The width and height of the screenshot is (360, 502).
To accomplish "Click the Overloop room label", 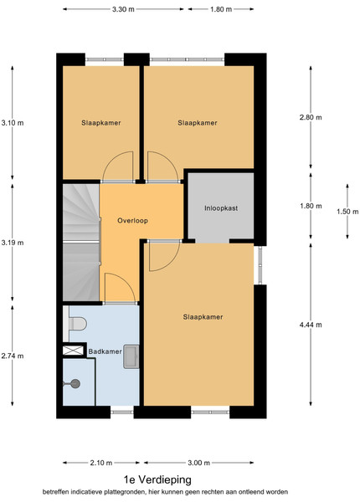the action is click(x=132, y=221).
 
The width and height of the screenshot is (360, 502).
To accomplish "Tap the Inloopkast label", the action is click(x=221, y=208).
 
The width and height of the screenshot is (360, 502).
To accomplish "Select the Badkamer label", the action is click(x=105, y=351).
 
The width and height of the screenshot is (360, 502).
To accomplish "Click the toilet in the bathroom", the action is click(x=78, y=324).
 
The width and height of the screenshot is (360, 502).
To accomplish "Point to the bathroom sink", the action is click(x=131, y=356).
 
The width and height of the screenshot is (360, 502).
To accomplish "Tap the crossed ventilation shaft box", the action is click(x=73, y=351).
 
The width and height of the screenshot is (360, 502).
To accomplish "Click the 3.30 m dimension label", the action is click(x=123, y=9).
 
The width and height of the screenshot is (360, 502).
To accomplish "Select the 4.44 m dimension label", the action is click(x=311, y=325).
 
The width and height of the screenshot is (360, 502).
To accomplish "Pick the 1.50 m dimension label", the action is click(x=347, y=212).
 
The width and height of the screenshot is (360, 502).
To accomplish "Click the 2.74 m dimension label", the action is click(x=13, y=356).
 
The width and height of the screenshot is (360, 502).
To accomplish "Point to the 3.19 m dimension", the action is click(x=13, y=243).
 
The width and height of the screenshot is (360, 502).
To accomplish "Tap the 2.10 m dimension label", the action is click(x=101, y=463).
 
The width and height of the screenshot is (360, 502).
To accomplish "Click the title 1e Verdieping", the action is click(x=157, y=479).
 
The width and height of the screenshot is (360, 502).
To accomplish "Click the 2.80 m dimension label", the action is click(x=311, y=117).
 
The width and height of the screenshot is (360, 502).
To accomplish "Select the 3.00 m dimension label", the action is click(x=198, y=463).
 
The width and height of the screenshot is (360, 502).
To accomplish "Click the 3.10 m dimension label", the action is click(x=13, y=123).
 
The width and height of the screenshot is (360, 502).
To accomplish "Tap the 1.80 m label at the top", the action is click(x=221, y=9).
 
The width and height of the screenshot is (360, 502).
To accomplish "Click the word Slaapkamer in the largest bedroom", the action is click(x=203, y=317).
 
